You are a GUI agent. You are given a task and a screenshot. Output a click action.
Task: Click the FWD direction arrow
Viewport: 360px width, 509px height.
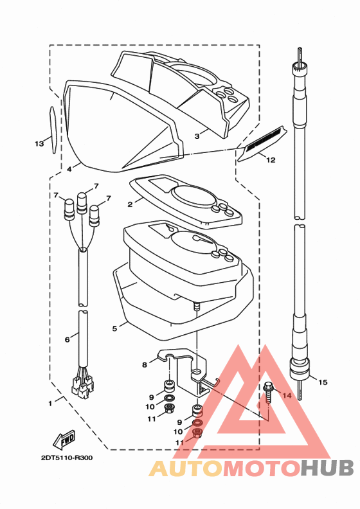[x=64, y=439]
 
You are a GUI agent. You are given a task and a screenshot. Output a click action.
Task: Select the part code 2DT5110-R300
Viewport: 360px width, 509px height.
[x=67, y=458]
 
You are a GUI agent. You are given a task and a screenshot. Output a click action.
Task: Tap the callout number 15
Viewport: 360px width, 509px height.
[x=323, y=382]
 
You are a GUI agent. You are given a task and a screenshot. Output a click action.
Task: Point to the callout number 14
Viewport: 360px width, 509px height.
[x=287, y=395]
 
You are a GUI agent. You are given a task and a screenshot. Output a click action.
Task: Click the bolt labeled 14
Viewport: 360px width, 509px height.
[x=268, y=393]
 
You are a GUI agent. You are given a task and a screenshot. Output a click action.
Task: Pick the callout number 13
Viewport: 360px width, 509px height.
[x=39, y=143]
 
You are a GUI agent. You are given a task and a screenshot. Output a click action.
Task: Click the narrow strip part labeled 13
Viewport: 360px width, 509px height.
[x=53, y=130]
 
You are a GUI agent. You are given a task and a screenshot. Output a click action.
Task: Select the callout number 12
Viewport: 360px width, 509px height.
[x=271, y=160]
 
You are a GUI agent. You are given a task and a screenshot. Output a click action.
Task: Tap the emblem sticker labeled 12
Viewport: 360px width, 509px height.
[x=262, y=143]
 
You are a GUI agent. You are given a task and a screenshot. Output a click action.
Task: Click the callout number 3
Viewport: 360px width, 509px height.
[x=197, y=136]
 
